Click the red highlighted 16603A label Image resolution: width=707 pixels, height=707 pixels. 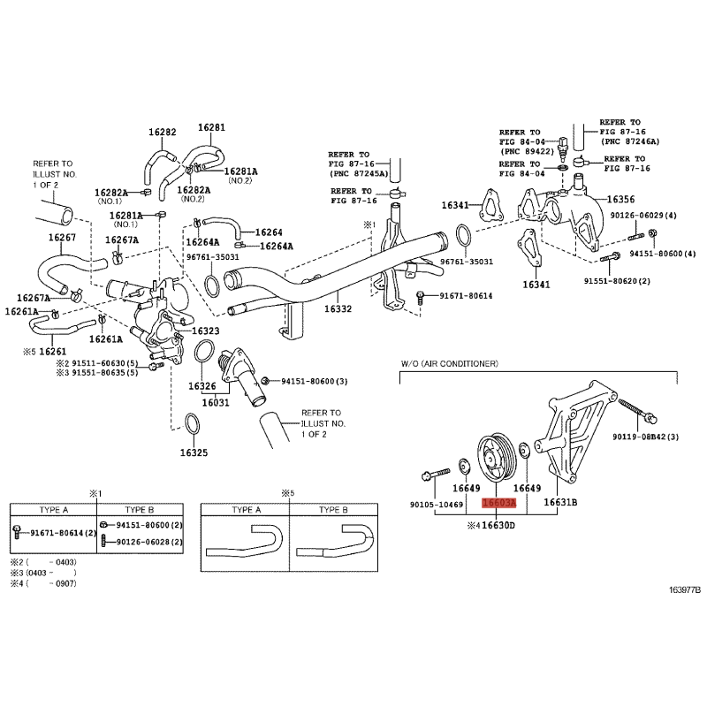[x=498, y=503]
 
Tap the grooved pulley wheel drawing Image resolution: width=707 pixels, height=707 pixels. [x=495, y=458]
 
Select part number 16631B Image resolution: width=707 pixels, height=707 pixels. [x=560, y=502]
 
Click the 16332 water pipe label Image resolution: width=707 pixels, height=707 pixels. [x=338, y=308]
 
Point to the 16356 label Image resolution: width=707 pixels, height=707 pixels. [x=620, y=200]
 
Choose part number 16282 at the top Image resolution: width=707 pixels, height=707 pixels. [x=163, y=132]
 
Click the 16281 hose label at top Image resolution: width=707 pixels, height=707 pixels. [x=211, y=127]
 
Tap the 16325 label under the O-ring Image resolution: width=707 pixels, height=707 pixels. [x=194, y=452]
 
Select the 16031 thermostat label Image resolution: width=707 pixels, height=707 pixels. [x=216, y=402]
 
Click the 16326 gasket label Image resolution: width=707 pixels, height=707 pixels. [x=202, y=386]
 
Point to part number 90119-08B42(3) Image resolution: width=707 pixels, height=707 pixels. [x=645, y=437]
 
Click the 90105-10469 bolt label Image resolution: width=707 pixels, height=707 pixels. [x=437, y=505]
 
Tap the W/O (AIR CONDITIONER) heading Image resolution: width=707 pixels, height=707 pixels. [x=450, y=363]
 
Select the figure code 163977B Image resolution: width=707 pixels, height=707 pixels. [x=684, y=589]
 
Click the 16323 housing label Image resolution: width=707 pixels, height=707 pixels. [x=206, y=331]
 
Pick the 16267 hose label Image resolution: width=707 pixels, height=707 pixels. [x=62, y=237]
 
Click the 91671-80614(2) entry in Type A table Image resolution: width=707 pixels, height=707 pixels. [x=64, y=533]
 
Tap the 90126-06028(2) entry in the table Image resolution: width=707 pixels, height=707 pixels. [x=149, y=542]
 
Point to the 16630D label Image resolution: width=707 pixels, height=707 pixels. [x=498, y=525]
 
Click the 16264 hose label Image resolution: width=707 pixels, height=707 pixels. [x=269, y=232]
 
